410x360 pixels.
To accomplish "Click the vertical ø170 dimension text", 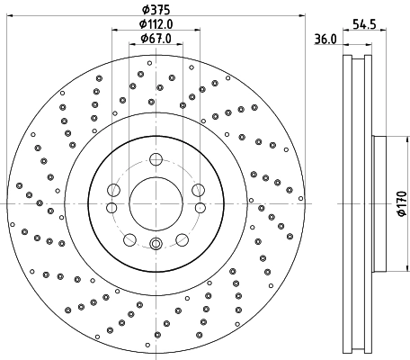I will click(x=401, y=204).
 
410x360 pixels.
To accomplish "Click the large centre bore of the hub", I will click(x=155, y=203).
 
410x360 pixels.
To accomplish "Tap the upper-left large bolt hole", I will click(x=113, y=190).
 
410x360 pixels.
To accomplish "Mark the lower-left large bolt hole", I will click(x=129, y=238).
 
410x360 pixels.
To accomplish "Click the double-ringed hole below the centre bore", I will click(x=155, y=243).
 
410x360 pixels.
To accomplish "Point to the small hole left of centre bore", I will click(x=111, y=207).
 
